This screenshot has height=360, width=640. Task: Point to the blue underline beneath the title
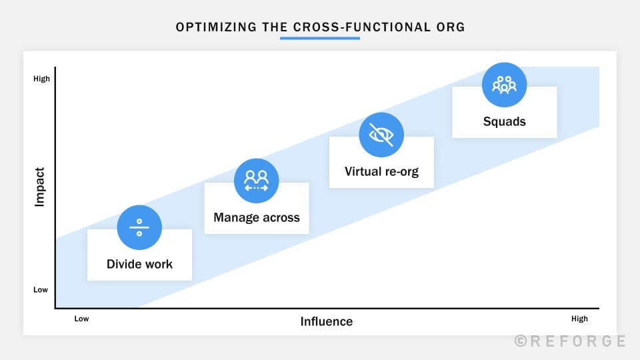[x=320, y=38]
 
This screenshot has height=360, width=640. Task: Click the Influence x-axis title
[x=326, y=321]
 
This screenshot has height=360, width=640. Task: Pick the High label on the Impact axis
[x=41, y=79]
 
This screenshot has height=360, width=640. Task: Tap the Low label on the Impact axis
[x=41, y=290]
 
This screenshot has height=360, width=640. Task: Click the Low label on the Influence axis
[x=81, y=319]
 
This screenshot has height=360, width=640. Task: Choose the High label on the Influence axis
[x=580, y=319]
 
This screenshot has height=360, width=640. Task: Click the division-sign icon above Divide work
[x=139, y=227]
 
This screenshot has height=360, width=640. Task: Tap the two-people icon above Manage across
[x=256, y=181]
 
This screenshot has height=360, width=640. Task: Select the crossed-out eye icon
[x=381, y=135]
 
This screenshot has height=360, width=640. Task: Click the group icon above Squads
[x=504, y=85]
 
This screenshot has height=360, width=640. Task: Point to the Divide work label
[x=139, y=264]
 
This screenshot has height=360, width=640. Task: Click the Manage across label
[x=257, y=217]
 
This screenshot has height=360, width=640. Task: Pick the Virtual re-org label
[x=381, y=171]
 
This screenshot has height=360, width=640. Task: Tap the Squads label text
[x=505, y=121]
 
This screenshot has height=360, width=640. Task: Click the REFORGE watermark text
[x=577, y=341]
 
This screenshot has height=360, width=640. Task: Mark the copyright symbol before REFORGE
[x=521, y=341]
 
